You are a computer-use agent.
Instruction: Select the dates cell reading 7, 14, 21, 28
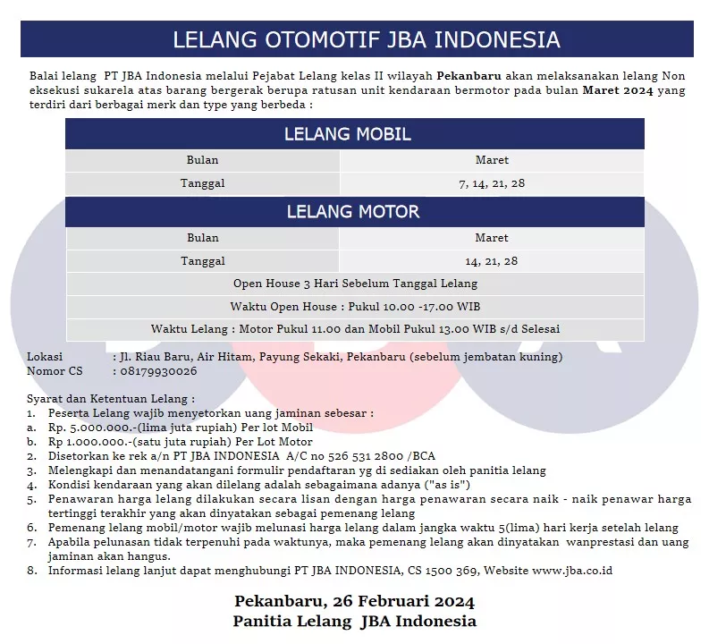492,183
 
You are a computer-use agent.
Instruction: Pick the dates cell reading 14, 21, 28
492,261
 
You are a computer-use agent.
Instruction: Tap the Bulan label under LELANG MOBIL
202,160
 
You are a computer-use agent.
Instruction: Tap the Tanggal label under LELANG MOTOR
202,261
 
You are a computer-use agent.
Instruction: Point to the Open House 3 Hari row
354,284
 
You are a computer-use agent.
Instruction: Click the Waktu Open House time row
354,306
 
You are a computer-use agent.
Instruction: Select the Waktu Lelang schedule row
354,328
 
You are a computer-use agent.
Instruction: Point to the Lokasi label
45,357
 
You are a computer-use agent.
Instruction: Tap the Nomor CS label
54,370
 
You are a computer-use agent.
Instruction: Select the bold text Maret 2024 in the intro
617,90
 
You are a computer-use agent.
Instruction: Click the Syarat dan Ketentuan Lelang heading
110,399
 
